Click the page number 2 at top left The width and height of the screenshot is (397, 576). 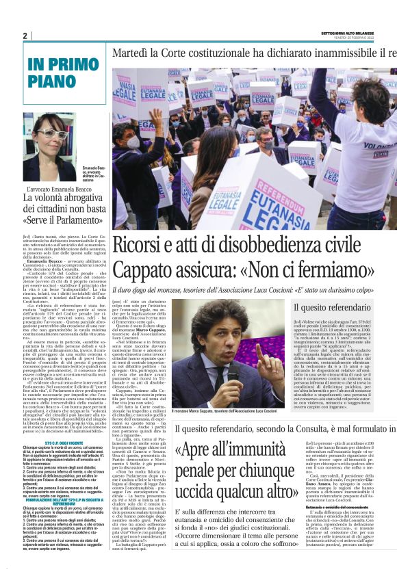pyautogui.click(x=25, y=36)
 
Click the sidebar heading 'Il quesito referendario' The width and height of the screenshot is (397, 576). pyautogui.click(x=329, y=308)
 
